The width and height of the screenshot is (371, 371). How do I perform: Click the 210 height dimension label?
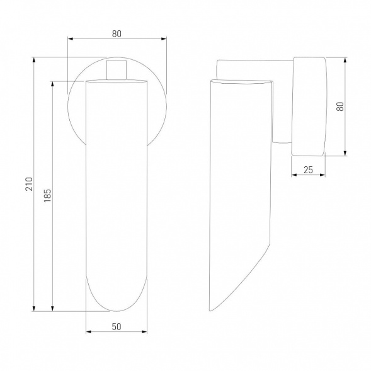29,184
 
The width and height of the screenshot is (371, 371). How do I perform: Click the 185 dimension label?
47,195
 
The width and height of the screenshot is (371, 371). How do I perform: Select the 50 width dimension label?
117,327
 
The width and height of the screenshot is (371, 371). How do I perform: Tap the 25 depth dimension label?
308,170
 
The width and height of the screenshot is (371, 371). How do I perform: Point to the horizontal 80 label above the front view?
117,34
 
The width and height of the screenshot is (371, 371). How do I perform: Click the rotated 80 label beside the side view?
340,106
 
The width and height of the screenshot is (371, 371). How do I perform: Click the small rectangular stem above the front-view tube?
116,70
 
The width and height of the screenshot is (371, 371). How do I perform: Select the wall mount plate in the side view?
309,106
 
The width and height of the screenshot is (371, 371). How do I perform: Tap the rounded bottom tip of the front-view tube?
117,311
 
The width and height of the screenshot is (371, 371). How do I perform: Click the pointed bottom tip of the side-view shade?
210,311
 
